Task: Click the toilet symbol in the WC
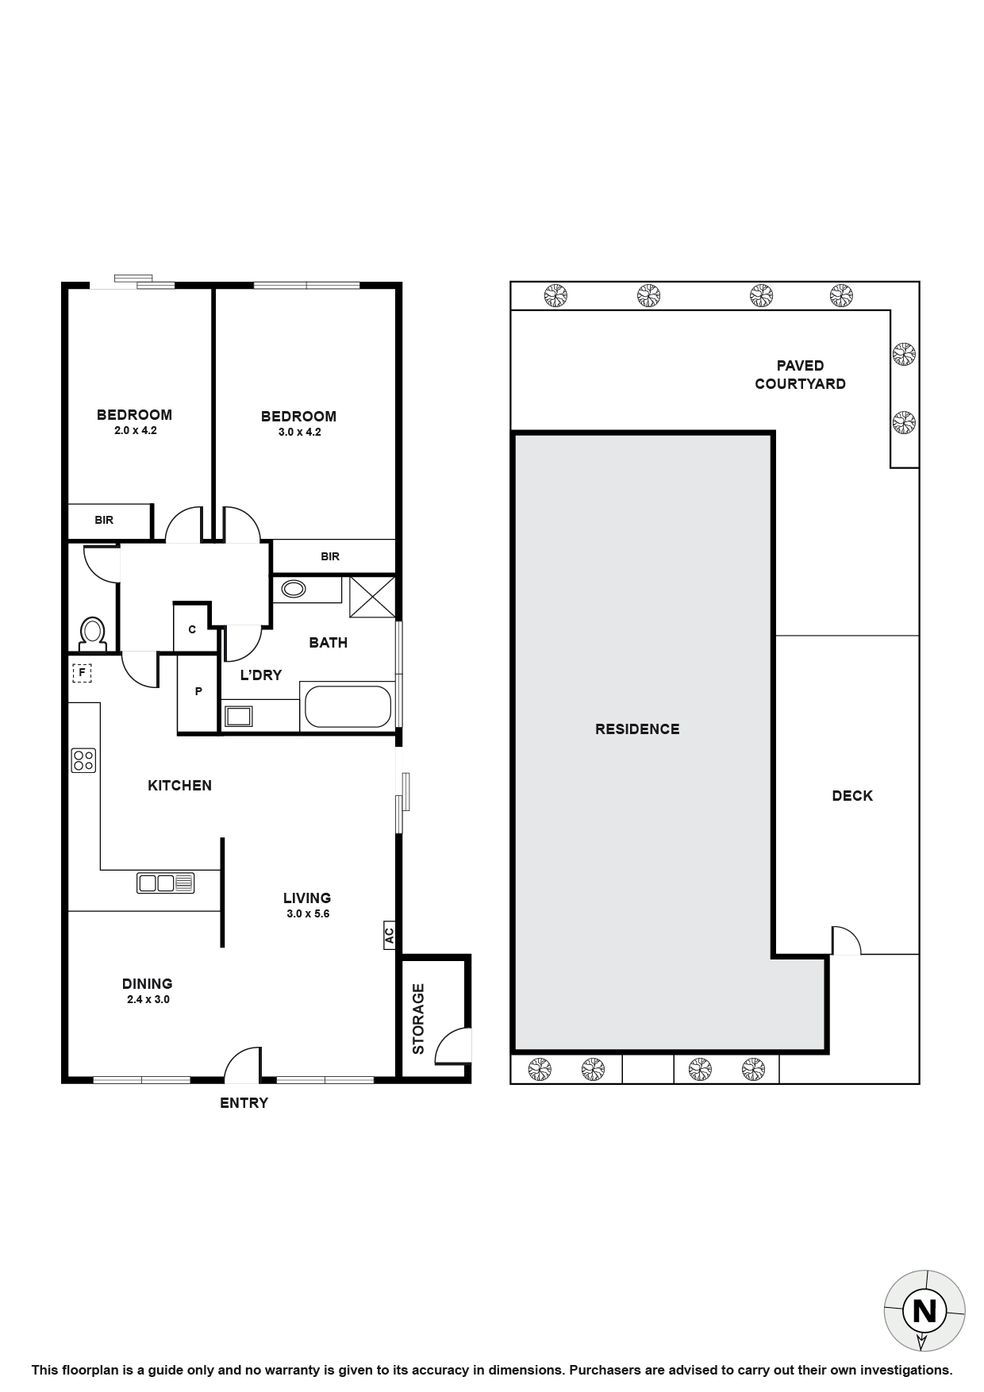tap(93, 633)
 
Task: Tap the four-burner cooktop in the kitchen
tap(83, 760)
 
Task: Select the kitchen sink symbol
tap(166, 882)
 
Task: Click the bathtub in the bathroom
tap(348, 706)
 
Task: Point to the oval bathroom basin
tap(294, 589)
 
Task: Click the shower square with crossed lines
tap(372, 596)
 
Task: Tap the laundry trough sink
tap(237, 716)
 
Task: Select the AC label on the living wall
tap(389, 936)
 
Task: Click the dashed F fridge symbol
tap(81, 673)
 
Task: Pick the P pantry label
tap(198, 691)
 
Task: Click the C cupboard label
tap(192, 629)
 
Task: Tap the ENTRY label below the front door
tap(244, 1102)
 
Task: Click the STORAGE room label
tap(418, 1019)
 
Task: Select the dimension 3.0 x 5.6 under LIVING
tap(308, 913)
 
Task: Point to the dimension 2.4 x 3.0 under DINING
tap(148, 999)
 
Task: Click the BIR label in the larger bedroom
tap(330, 556)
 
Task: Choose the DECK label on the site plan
tap(852, 795)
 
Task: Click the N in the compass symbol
tap(924, 1310)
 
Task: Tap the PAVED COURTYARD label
tap(800, 375)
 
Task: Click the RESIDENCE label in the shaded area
tap(637, 729)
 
